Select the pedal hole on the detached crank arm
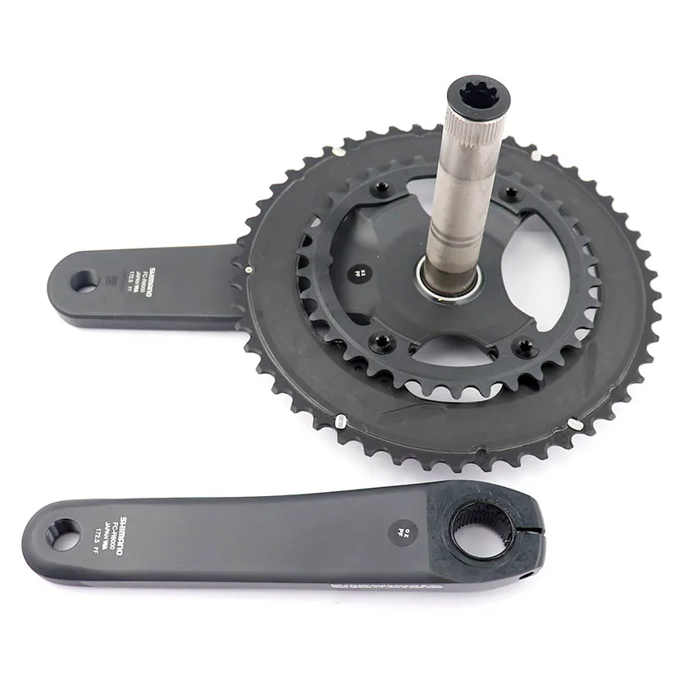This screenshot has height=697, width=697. (x=63, y=535)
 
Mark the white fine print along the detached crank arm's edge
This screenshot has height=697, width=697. (x=385, y=585)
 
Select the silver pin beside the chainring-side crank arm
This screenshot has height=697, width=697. (x=247, y=266)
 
